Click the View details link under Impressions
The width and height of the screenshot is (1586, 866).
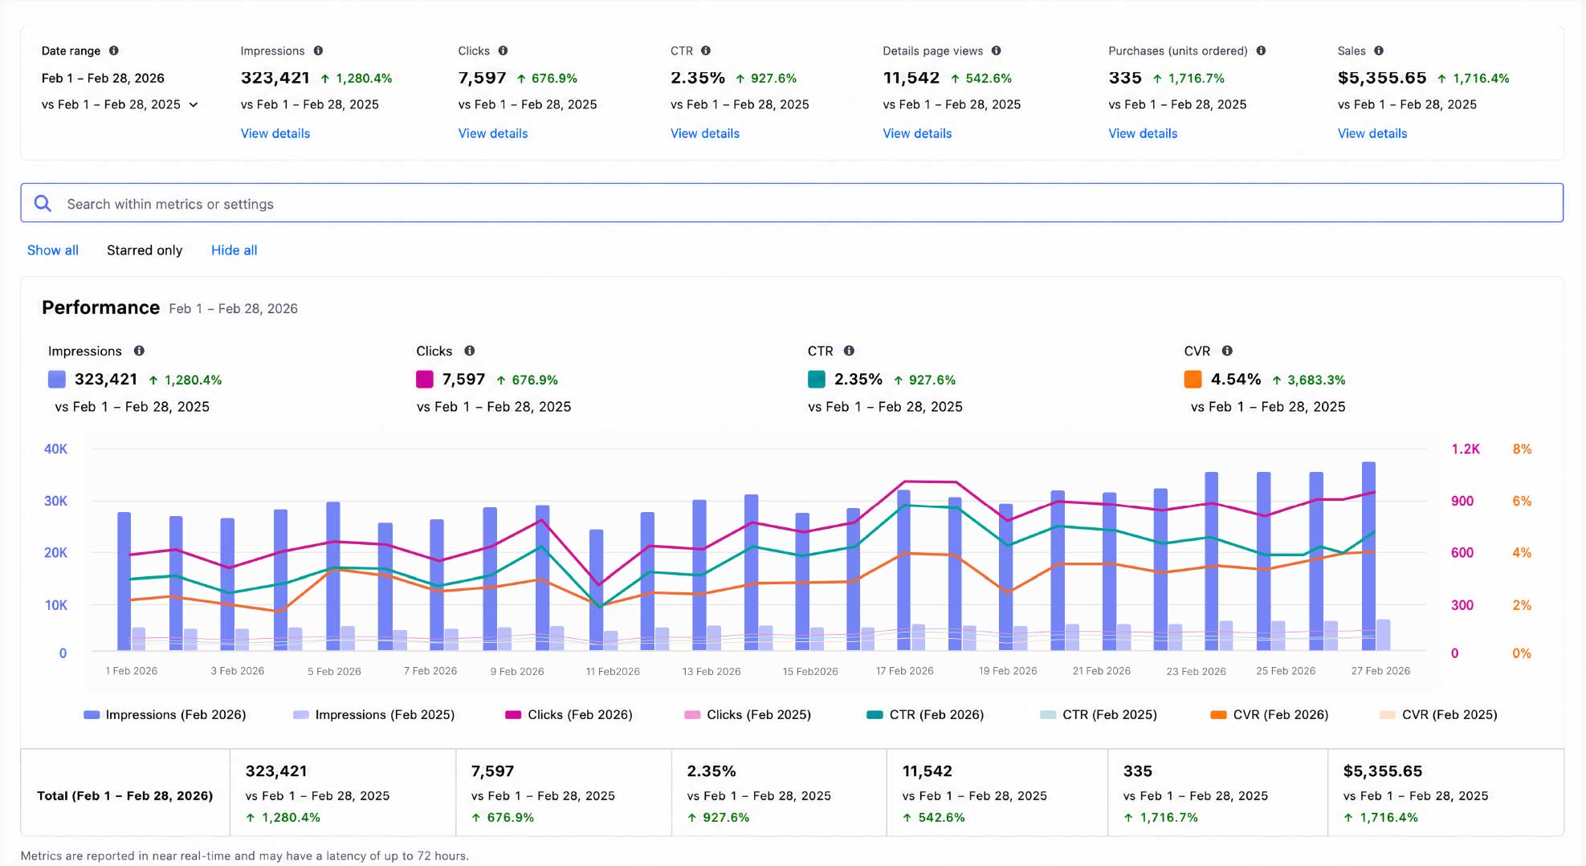[x=275, y=133]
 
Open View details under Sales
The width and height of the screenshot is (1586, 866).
[x=1372, y=133]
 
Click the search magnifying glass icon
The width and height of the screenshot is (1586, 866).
[x=43, y=204]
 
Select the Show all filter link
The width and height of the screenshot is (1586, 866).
[x=53, y=250]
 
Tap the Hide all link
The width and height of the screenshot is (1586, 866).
[x=234, y=250]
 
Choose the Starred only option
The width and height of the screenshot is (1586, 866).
[x=145, y=250]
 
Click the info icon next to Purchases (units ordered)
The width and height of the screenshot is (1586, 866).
[x=1261, y=51]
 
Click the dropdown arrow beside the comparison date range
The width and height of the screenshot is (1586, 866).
[x=194, y=105]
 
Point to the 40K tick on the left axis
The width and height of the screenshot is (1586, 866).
[x=55, y=449]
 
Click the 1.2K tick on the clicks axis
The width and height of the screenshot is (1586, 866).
[x=1466, y=449]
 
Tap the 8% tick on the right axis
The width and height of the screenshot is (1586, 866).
[x=1522, y=449]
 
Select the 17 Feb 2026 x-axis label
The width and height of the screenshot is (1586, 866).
[x=904, y=671]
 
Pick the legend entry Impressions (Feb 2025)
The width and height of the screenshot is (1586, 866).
[x=373, y=714]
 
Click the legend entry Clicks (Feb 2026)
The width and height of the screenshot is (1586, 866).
[x=569, y=714]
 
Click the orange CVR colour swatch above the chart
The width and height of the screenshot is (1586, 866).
[x=1193, y=380]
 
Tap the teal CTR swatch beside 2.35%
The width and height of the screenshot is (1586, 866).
[x=816, y=380]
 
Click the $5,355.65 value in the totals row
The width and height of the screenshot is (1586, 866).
[x=1382, y=771]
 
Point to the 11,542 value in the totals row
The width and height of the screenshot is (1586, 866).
[x=927, y=771]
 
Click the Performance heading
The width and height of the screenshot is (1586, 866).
[x=100, y=308]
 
